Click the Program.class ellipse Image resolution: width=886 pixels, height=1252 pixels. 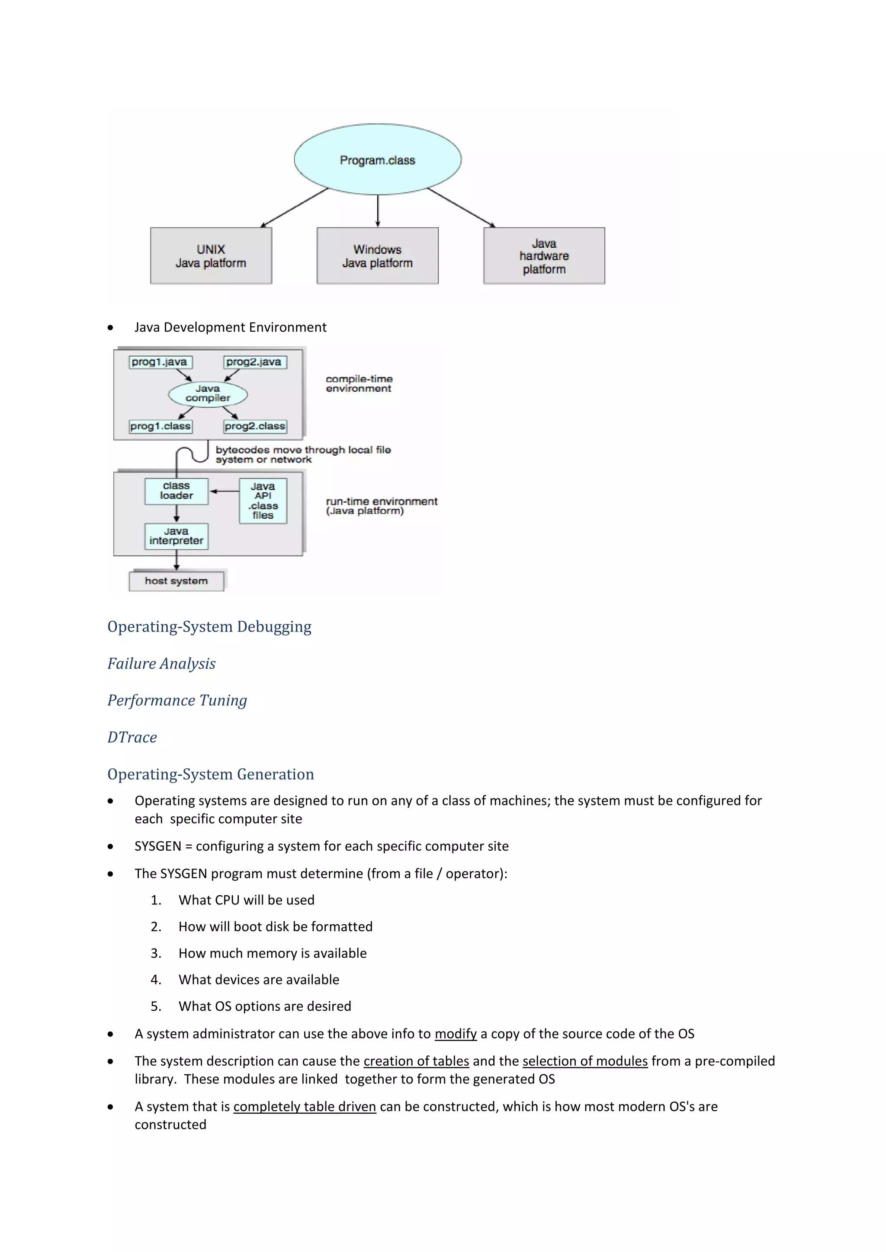point(378,159)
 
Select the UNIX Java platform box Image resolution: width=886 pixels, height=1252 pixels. point(211,256)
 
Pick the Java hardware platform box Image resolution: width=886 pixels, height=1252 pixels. point(544,256)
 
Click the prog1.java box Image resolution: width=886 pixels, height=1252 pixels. point(160,362)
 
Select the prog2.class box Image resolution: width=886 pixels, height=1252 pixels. point(255,426)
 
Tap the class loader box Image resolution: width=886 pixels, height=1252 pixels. point(176,491)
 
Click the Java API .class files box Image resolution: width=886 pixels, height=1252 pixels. point(263,501)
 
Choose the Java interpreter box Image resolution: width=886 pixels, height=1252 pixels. point(176,536)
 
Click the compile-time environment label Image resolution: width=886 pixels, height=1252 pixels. point(359,383)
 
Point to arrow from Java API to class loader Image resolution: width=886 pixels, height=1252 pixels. point(224,491)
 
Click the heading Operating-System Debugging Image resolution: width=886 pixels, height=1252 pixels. point(209,626)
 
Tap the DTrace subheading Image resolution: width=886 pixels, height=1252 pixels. point(132,737)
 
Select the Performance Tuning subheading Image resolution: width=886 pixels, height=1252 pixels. point(177,700)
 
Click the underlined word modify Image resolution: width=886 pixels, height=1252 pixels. point(456,1034)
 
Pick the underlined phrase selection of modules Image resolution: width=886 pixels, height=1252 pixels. point(585,1061)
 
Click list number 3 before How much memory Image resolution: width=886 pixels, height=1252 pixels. point(155,953)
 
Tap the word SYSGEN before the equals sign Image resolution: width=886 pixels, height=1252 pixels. point(157,846)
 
